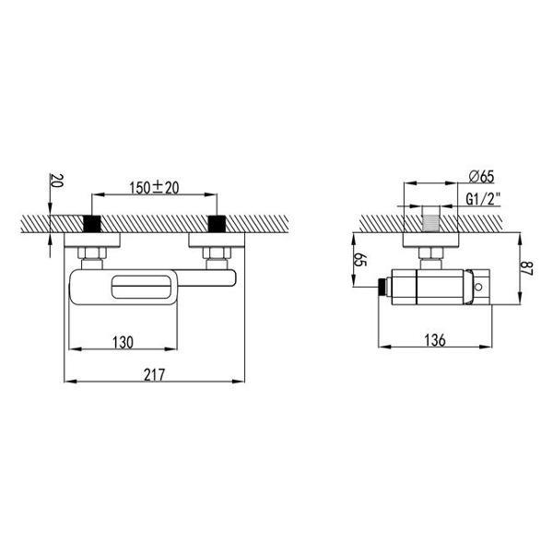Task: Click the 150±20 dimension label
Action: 154,187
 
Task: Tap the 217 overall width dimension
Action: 154,374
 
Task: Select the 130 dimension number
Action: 124,343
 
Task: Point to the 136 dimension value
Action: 435,340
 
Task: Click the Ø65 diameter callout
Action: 482,176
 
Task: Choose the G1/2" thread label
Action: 483,199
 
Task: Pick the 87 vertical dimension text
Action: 527,268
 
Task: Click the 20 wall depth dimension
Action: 57,181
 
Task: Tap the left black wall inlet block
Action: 91,224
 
